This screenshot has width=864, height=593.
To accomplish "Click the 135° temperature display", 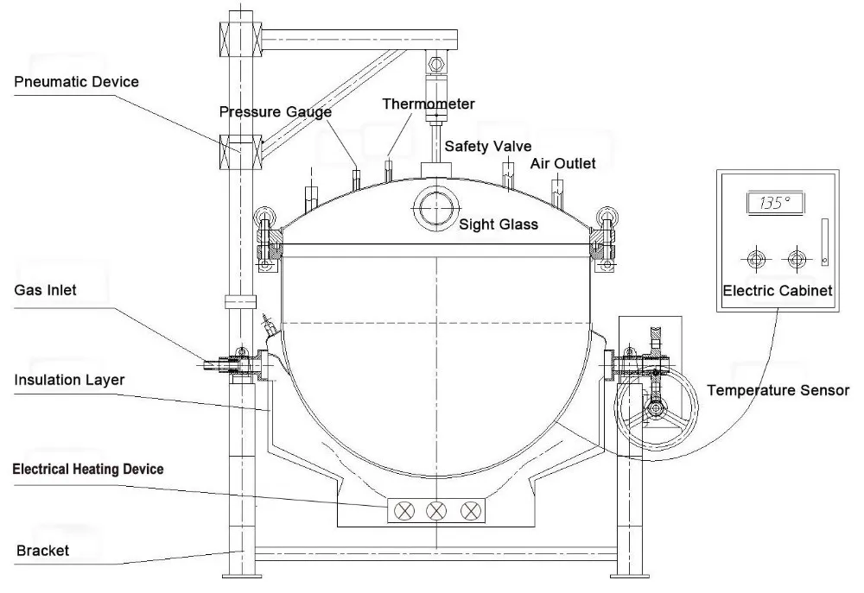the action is click(775, 203).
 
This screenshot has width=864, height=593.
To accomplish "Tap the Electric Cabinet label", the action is click(777, 291).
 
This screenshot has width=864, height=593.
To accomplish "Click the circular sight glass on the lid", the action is click(435, 207).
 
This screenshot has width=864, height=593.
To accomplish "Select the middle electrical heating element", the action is click(436, 511).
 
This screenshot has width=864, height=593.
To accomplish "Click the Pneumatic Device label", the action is click(76, 82).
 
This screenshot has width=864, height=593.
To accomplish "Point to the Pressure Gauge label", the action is click(276, 111).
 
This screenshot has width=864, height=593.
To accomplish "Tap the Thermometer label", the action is click(429, 104).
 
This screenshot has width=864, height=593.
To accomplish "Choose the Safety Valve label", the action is click(488, 147).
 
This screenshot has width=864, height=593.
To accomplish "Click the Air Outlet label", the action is click(563, 163).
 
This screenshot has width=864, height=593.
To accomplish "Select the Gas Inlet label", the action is click(45, 290).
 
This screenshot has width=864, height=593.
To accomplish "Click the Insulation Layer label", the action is click(69, 380).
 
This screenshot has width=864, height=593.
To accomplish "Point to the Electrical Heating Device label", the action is click(88, 469).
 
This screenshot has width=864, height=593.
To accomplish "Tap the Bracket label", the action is click(43, 551).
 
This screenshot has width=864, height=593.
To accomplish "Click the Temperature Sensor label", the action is click(778, 390).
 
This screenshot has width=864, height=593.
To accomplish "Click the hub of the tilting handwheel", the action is click(656, 409).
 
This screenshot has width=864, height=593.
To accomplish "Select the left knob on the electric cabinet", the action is click(756, 259).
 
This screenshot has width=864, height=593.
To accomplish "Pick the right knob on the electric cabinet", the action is click(797, 259).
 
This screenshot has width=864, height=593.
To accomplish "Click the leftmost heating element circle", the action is click(404, 511).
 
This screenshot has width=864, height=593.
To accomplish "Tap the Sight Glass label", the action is click(499, 224).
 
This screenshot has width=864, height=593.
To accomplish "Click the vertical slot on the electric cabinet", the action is click(825, 243).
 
